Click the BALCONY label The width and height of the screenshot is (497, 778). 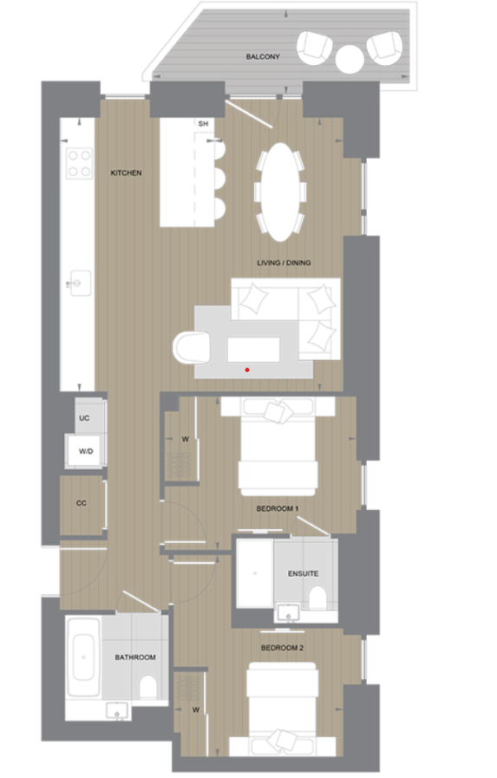[x=263, y=56]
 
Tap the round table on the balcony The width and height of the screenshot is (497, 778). [x=350, y=59]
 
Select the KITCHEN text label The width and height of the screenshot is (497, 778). [x=126, y=173]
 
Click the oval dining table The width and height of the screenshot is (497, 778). [x=279, y=191]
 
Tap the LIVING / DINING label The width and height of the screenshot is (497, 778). [x=284, y=263]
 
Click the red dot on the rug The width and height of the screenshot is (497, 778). [x=247, y=369]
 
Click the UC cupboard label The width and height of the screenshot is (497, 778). [x=84, y=419]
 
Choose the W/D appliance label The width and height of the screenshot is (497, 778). [x=86, y=452]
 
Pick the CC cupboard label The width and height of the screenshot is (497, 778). [x=82, y=503]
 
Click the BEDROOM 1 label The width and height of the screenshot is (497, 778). [x=278, y=509]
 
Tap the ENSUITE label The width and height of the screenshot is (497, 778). [x=303, y=573]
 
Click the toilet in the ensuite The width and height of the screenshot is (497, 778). [x=317, y=598]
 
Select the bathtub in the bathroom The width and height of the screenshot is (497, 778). [x=84, y=657]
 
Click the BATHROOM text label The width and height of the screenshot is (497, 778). [x=135, y=657]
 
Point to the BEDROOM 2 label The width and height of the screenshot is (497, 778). [x=282, y=648]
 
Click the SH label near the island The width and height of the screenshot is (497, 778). [x=204, y=125]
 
